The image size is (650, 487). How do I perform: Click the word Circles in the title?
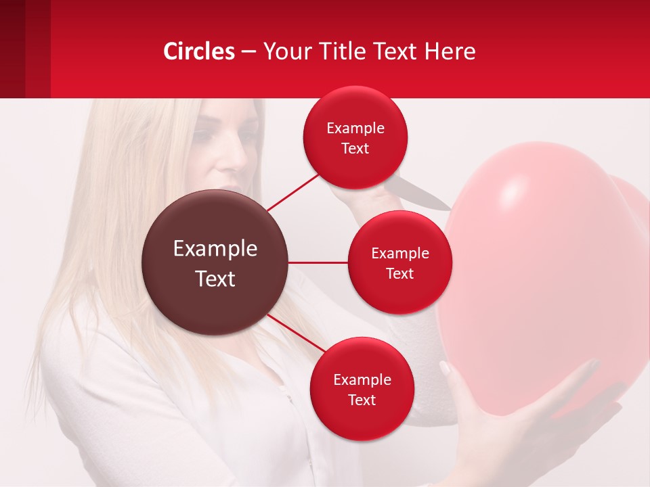[x=199, y=51]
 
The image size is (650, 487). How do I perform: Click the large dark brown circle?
[x=215, y=262]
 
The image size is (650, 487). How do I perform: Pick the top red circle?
[x=355, y=137]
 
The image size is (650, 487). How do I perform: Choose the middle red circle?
[x=399, y=262]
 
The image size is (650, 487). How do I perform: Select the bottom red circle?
[x=362, y=389]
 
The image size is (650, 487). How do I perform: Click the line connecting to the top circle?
[x=292, y=192]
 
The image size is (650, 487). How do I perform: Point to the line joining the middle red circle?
[x=318, y=262]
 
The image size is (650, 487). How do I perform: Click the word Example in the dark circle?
[x=215, y=248]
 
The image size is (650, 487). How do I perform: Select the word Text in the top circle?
[x=355, y=148]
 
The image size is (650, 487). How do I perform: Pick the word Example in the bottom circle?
[x=362, y=379]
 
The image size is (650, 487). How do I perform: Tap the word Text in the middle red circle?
[x=399, y=273]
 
